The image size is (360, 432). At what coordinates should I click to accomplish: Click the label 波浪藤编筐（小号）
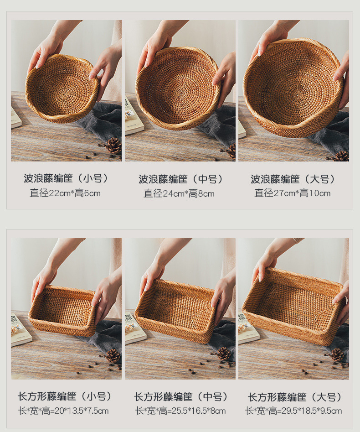66,178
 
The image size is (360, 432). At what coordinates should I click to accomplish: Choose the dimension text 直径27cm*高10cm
293,193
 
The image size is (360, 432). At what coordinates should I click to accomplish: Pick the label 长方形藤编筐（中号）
180,397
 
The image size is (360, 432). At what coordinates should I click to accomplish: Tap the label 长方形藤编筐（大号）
294,397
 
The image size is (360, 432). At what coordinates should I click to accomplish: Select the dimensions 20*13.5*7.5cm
63,411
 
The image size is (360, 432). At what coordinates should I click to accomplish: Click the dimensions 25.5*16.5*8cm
180,411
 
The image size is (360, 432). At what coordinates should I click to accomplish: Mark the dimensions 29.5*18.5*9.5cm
293,411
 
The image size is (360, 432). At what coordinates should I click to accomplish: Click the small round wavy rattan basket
62,89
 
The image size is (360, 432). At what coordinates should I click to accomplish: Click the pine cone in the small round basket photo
113,146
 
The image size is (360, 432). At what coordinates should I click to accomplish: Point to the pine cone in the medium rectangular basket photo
223,353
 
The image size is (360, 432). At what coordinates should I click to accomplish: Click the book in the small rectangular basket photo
20,329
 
